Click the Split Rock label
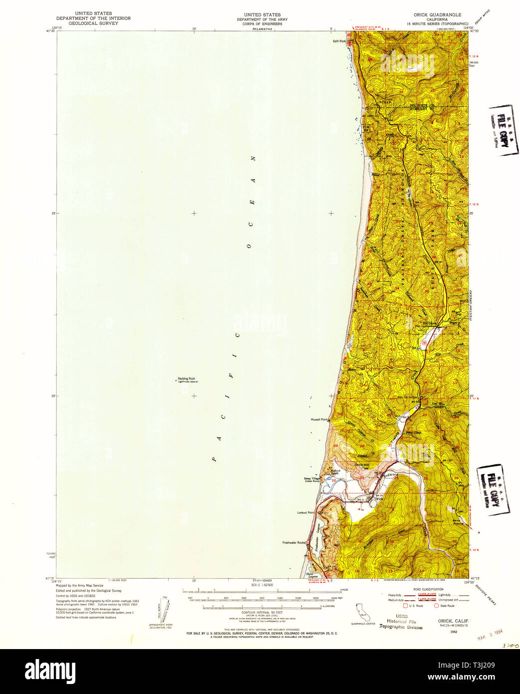[339, 41]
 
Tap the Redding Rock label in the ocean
[185, 378]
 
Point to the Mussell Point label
[318, 419]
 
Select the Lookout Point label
[305, 512]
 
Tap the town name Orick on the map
[379, 498]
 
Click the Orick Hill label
[361, 465]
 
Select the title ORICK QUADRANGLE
[434, 15]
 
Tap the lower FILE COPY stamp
[493, 490]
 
